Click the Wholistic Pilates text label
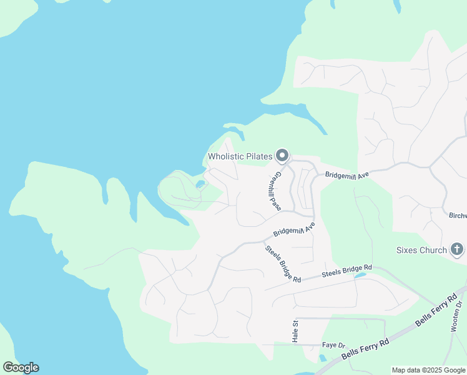[x=240, y=156]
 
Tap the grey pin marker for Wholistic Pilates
[x=283, y=155]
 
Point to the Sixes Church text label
[x=421, y=250]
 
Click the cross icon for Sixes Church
[x=457, y=250]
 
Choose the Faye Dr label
[x=333, y=345]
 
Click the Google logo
[x=21, y=367]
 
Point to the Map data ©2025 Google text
[x=428, y=370]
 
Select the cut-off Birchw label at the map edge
[x=458, y=216]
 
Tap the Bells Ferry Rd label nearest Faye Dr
[x=365, y=352]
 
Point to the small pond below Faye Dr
[x=321, y=358]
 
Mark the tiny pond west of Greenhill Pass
[x=200, y=184]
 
